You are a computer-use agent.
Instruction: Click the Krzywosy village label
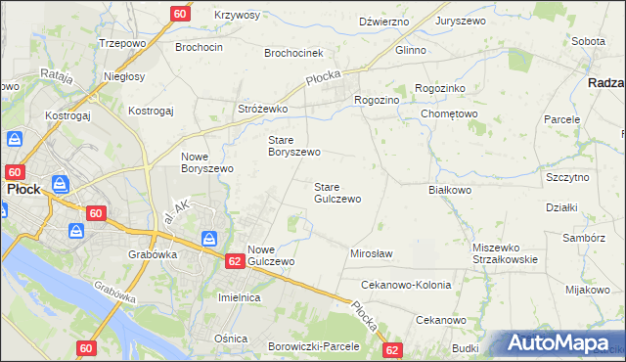coord(237,16)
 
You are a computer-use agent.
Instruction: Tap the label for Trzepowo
coord(121,44)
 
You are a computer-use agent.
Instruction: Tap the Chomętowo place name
coord(449,113)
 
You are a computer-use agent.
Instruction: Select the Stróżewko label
coord(262,109)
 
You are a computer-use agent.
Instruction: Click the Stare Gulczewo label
coord(337,192)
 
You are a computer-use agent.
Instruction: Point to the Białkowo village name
coord(450,191)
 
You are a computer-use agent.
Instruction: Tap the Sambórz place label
coord(584,238)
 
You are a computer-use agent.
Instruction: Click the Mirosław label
coord(371,253)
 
